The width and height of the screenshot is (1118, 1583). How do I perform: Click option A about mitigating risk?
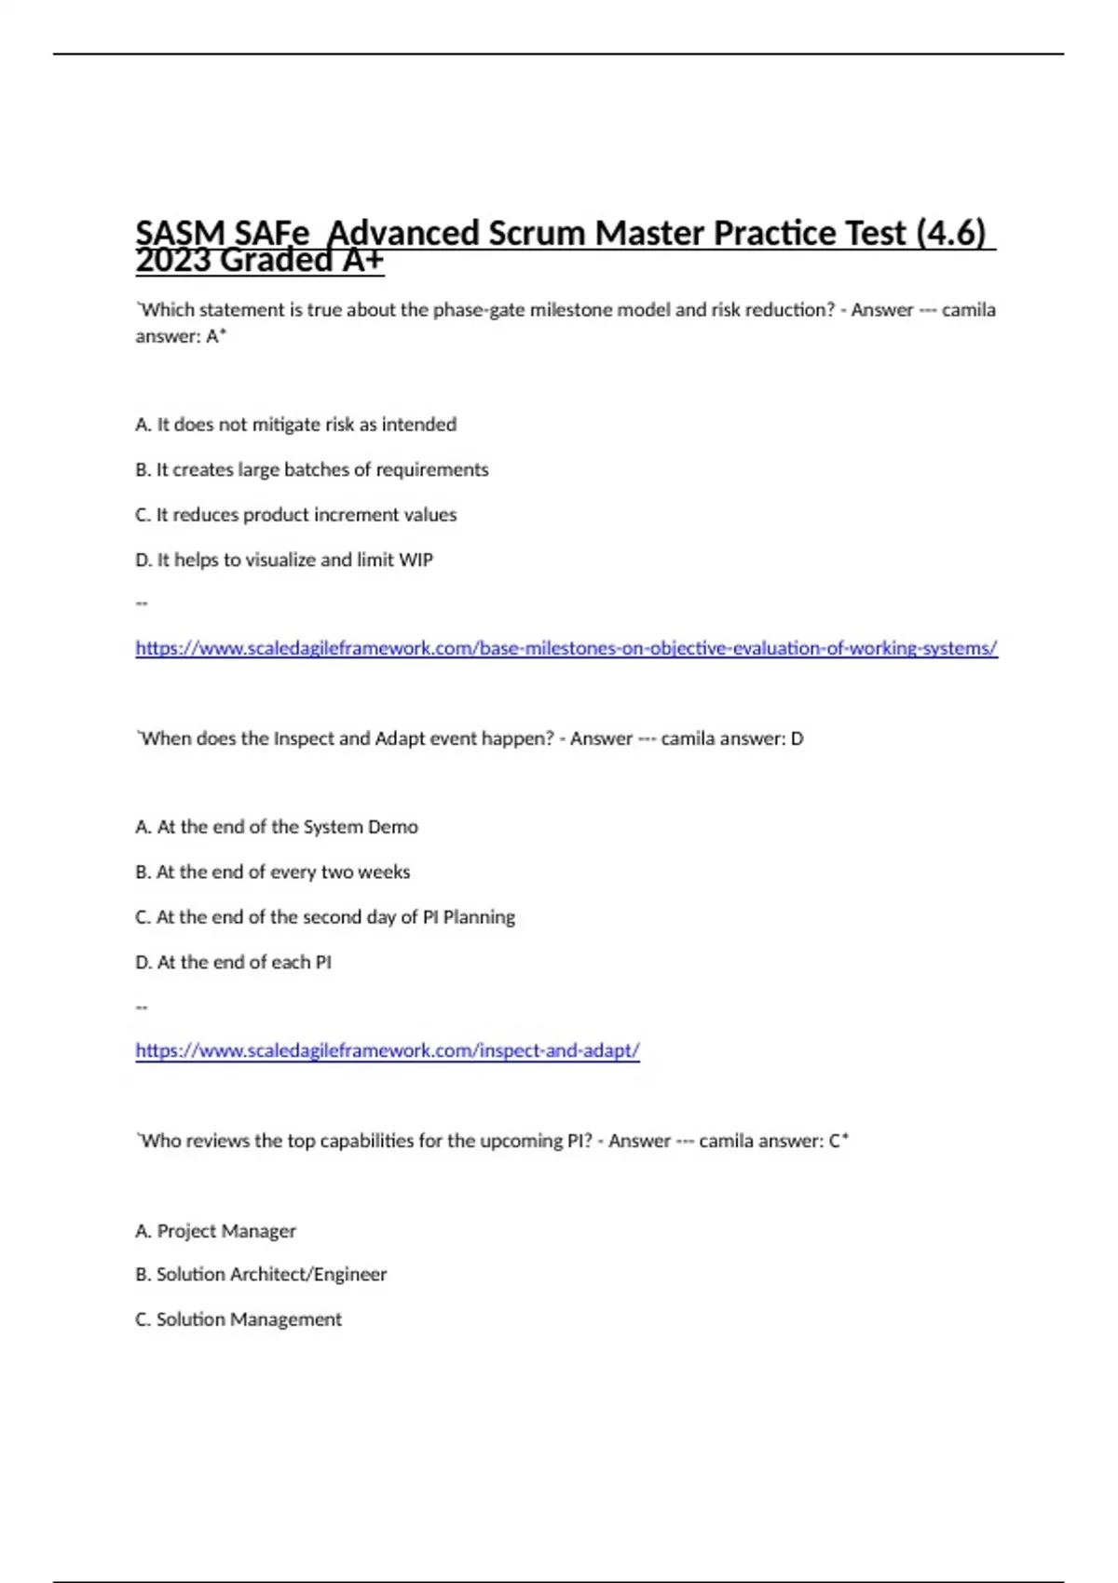tap(295, 425)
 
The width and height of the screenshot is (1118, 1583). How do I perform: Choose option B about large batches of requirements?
tap(311, 469)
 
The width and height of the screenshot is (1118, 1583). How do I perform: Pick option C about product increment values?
tap(295, 515)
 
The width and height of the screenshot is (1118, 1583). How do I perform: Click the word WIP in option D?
tap(416, 560)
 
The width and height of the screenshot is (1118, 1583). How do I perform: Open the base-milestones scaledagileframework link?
tap(566, 648)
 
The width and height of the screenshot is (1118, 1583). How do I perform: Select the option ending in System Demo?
tap(277, 827)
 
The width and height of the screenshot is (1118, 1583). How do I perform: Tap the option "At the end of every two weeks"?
tap(272, 873)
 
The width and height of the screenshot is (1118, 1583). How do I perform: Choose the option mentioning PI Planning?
tap(324, 917)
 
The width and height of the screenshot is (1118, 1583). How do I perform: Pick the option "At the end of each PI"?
tap(233, 962)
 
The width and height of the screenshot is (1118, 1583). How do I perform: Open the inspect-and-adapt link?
tap(387, 1050)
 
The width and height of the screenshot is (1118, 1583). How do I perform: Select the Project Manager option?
tap(215, 1231)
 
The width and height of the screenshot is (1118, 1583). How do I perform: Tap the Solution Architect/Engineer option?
tap(260, 1274)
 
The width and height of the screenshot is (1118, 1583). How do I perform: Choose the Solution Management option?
tap(238, 1319)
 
